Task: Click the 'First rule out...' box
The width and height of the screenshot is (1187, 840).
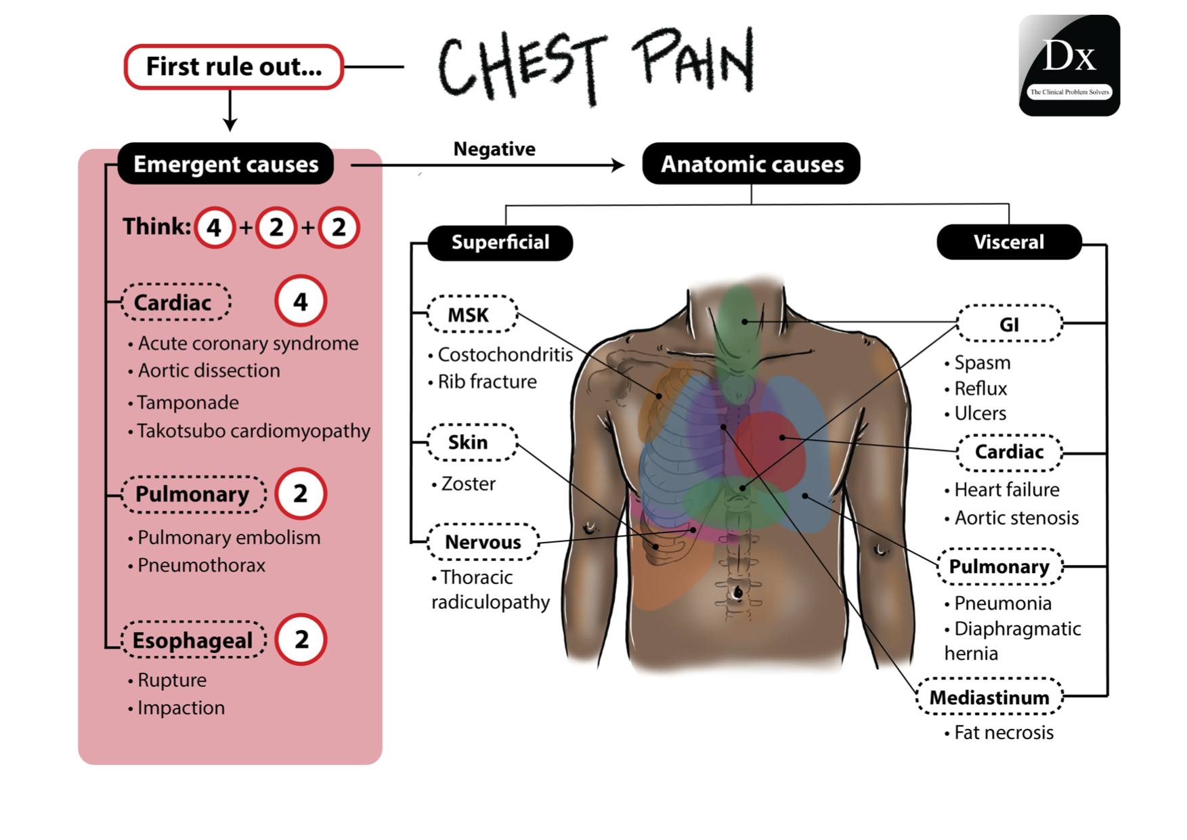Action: tap(234, 67)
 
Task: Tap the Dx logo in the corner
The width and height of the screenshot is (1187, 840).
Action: tap(1069, 65)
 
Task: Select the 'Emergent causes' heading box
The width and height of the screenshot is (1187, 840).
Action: tap(225, 164)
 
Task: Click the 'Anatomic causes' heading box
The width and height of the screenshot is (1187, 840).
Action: tap(751, 164)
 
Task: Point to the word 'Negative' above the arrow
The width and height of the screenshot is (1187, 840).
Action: tap(494, 149)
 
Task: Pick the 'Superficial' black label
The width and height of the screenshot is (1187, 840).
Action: tap(500, 243)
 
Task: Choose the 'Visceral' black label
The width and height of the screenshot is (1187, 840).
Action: tap(1008, 243)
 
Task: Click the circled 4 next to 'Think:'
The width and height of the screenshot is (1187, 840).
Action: tap(214, 228)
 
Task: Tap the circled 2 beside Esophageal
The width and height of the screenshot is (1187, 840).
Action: tap(301, 639)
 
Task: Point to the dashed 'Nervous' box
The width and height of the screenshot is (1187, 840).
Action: tap(483, 542)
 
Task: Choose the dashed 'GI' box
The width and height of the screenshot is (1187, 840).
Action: tap(1009, 324)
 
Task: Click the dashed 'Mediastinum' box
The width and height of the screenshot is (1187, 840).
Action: tap(989, 697)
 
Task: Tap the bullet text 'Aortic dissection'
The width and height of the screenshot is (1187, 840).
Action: tap(209, 371)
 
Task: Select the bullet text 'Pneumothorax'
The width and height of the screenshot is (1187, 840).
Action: tap(201, 565)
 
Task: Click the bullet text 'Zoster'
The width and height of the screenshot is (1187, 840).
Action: tap(468, 484)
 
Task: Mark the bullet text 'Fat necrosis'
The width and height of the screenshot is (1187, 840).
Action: tap(1003, 732)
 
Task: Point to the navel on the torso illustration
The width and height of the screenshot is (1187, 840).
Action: tap(738, 593)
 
